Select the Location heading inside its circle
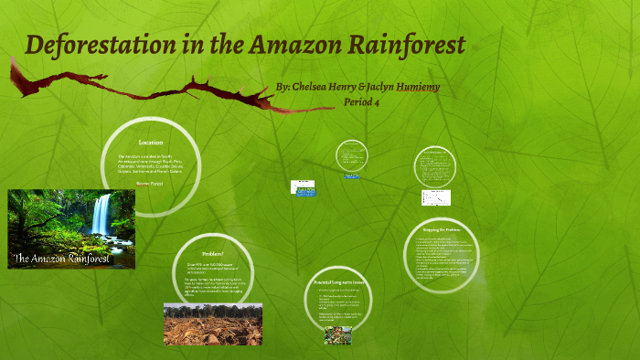click(151, 143)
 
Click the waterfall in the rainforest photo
click(101, 215)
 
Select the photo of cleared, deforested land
click(212, 323)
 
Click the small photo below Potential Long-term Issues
click(337, 335)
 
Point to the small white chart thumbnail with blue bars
click(303, 186)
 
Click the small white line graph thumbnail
click(436, 198)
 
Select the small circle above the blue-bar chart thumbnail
click(351, 155)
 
